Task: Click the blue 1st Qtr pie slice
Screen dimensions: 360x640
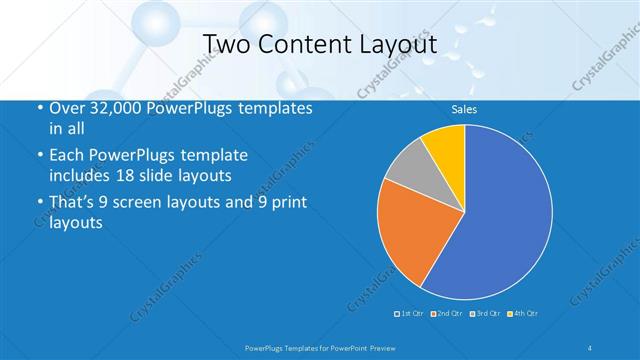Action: click(500, 220)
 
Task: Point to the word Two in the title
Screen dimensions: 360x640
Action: click(227, 43)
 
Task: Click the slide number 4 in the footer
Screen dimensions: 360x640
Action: click(589, 347)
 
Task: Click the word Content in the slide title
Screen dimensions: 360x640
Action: click(304, 43)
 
